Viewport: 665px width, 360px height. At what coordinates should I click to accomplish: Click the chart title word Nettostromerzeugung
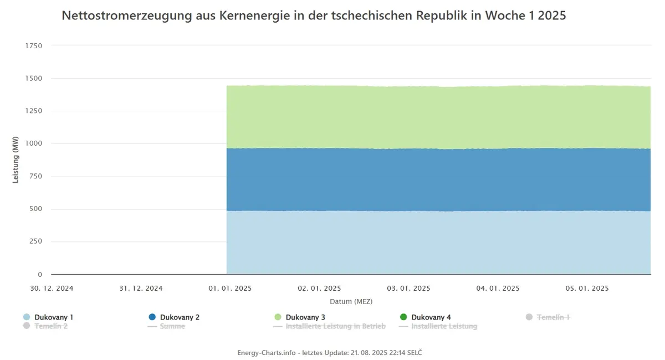pos(127,16)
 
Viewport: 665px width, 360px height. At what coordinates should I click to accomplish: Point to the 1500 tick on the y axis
pos(34,78)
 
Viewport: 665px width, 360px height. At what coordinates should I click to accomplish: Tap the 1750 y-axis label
pos(34,46)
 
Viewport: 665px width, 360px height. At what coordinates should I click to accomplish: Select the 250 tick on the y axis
pos(35,241)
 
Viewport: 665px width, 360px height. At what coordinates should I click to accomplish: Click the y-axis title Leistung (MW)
pos(16,160)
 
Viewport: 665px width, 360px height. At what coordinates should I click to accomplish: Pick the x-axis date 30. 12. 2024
pos(52,288)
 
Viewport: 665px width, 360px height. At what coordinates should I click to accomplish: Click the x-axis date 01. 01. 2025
pos(230,288)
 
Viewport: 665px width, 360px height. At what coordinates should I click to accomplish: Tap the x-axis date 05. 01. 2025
pos(587,288)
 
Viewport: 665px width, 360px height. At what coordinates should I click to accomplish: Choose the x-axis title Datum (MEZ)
pos(351,301)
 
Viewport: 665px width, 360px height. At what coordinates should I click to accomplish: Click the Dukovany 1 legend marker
pos(27,317)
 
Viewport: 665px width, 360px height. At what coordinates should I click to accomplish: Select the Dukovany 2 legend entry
pos(174,317)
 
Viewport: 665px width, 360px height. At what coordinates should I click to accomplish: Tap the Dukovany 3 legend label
pos(305,317)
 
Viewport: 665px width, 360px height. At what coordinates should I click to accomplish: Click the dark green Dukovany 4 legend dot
pos(403,317)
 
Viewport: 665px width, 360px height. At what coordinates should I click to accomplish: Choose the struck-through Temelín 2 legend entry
pos(45,326)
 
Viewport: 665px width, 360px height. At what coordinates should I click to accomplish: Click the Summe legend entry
pos(166,326)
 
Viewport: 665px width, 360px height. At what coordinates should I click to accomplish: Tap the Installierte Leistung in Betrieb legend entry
pos(329,326)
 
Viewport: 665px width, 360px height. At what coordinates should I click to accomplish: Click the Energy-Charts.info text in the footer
pos(267,353)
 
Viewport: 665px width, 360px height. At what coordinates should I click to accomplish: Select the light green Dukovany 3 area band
pos(438,117)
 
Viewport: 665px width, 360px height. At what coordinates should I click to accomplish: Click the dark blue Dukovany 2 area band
pos(438,180)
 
